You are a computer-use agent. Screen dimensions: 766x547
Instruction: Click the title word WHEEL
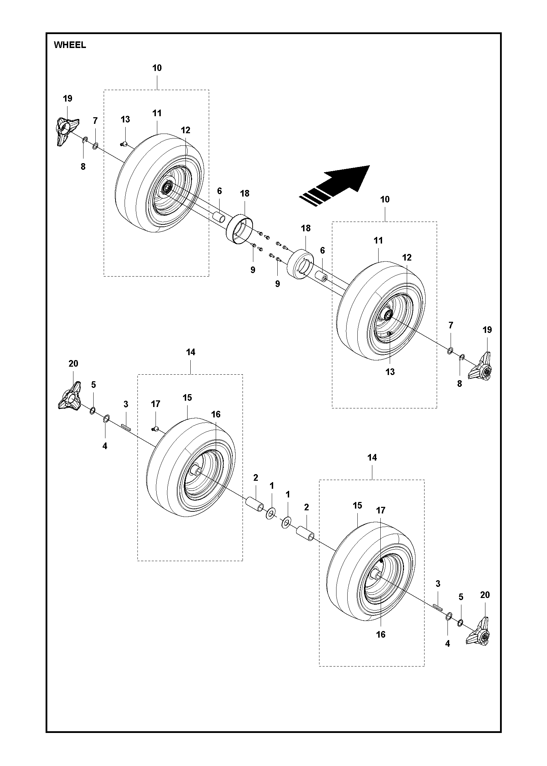pyautogui.click(x=70, y=45)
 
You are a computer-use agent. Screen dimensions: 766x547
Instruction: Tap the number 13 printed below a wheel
pyautogui.click(x=390, y=372)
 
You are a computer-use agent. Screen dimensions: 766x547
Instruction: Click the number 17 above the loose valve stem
pyautogui.click(x=156, y=404)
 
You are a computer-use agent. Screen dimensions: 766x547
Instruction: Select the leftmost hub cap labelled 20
pyautogui.click(x=70, y=397)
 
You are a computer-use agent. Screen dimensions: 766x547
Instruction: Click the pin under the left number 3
pyautogui.click(x=126, y=427)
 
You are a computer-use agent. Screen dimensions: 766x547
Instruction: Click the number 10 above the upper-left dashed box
pyautogui.click(x=157, y=68)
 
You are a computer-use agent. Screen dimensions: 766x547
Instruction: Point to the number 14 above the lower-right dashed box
pyautogui.click(x=372, y=458)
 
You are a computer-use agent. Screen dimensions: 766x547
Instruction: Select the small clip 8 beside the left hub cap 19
pyautogui.click(x=85, y=140)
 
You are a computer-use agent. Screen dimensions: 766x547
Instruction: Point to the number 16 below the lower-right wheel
pyautogui.click(x=381, y=635)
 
